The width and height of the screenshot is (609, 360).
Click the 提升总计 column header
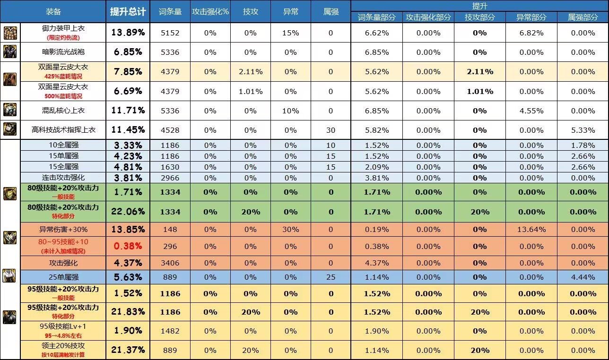(x=128, y=11)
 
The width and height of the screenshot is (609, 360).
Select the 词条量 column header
(x=170, y=11)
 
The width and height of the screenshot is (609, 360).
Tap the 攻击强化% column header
(x=210, y=11)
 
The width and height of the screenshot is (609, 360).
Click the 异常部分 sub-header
(x=531, y=17)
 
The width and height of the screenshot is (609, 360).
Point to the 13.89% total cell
(x=128, y=33)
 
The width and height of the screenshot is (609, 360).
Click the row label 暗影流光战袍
(x=63, y=52)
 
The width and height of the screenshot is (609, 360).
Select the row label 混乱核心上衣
(x=63, y=111)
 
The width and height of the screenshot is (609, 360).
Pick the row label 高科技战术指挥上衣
(x=63, y=130)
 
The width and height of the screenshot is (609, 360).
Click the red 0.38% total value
(x=128, y=246)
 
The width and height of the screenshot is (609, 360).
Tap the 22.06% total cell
(x=128, y=212)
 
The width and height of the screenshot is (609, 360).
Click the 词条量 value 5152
(x=170, y=33)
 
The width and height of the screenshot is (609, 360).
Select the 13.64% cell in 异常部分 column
(x=531, y=229)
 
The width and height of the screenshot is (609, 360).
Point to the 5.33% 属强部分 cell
(x=583, y=130)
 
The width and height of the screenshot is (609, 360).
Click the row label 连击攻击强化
(x=63, y=178)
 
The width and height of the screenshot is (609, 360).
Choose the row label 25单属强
(x=63, y=277)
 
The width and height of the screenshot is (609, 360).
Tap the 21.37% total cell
(x=128, y=350)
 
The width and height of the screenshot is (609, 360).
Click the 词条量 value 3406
(x=170, y=263)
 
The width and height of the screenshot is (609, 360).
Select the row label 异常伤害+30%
(x=63, y=229)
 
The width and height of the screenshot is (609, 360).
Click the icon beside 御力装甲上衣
(x=10, y=33)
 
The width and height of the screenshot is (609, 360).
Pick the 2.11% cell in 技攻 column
(x=251, y=71)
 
